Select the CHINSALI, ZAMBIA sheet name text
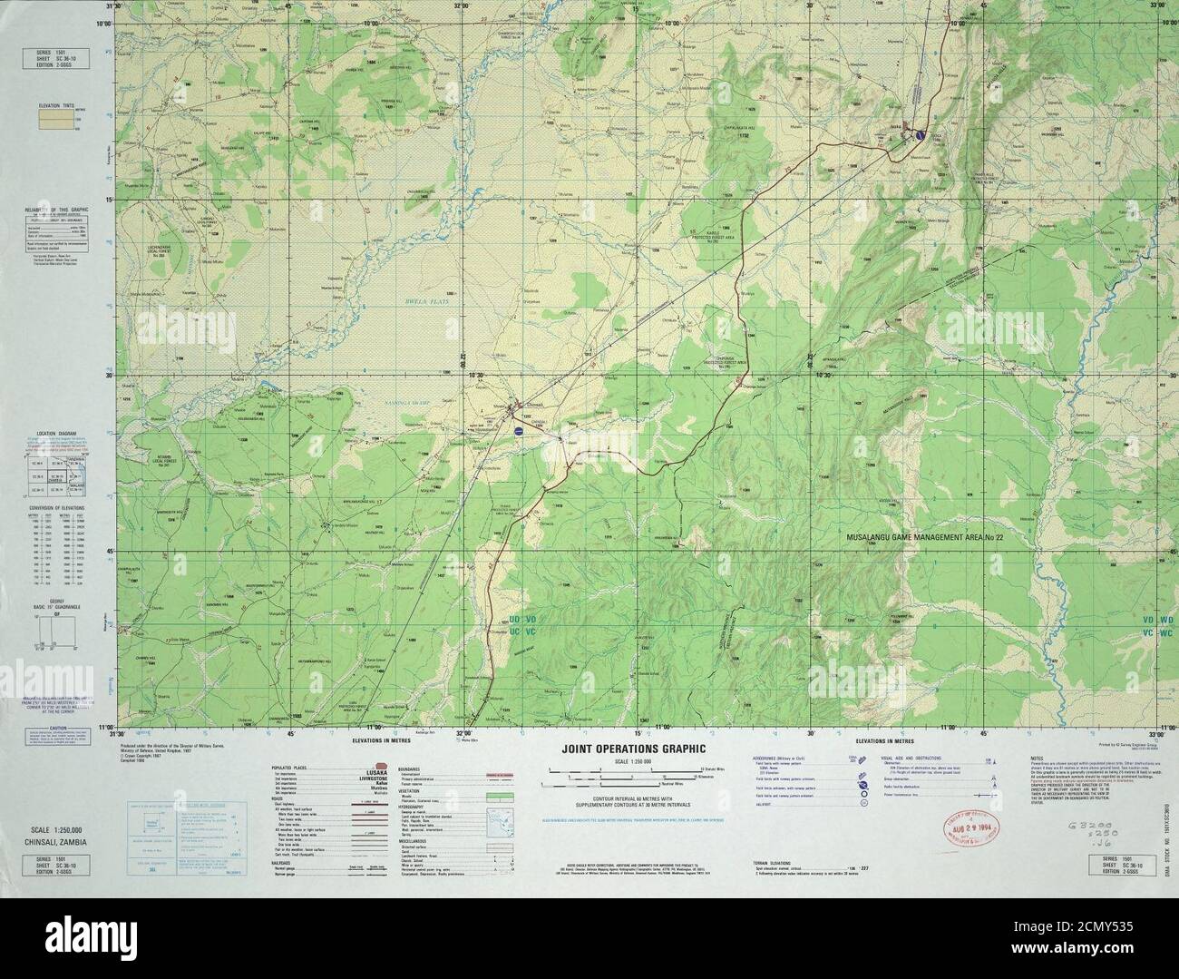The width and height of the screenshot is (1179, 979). [56, 841]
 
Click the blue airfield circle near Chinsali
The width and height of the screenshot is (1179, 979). [518, 434]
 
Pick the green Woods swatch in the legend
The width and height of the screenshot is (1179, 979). [500, 795]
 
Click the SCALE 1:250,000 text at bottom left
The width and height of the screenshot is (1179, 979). [56, 830]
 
